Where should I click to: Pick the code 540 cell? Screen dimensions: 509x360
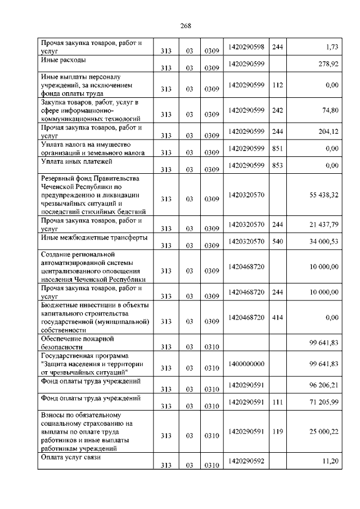[x=277, y=241]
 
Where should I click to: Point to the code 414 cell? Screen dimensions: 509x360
[x=277, y=317]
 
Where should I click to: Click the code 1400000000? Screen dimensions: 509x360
[x=246, y=364]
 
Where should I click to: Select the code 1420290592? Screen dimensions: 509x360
[x=246, y=461]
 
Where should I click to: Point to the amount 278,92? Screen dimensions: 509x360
[x=327, y=64]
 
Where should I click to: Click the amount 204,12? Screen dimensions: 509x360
[x=327, y=132]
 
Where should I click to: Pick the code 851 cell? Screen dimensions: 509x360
[x=277, y=148]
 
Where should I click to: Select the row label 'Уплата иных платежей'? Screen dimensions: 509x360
[x=77, y=162]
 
